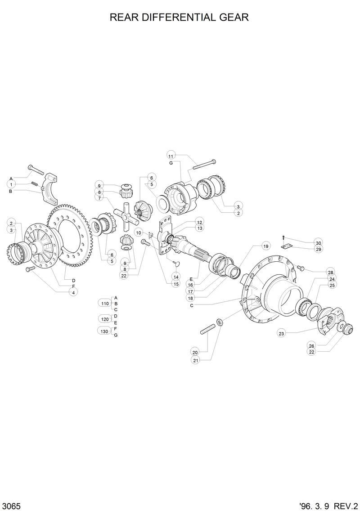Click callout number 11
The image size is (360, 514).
[171, 156]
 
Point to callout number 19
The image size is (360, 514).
[265, 246]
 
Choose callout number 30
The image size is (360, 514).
[318, 242]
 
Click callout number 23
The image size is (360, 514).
[282, 333]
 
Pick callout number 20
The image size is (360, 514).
[195, 352]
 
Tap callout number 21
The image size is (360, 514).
[195, 360]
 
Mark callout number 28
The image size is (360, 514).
[330, 273]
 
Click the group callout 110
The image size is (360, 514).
[105, 304]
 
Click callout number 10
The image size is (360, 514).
[139, 232]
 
